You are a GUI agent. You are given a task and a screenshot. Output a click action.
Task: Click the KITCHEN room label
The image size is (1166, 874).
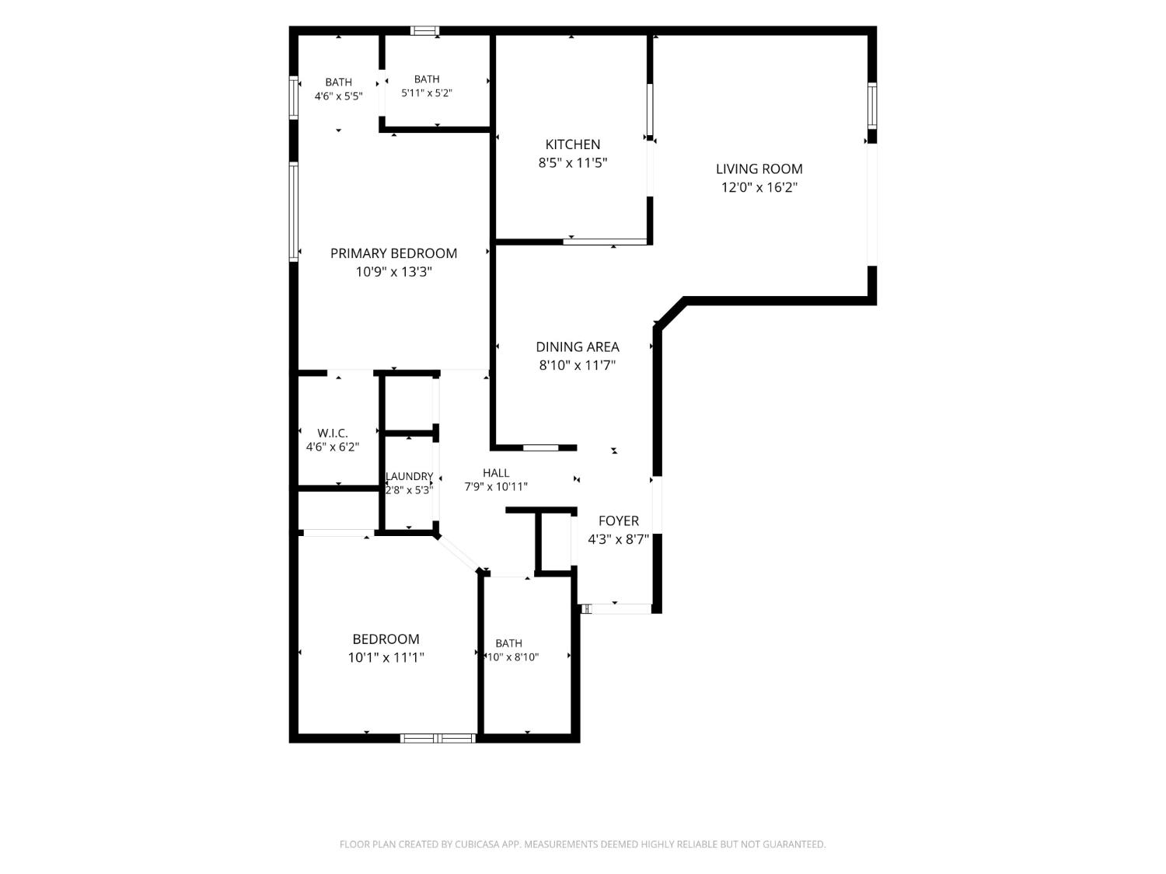pos(572,145)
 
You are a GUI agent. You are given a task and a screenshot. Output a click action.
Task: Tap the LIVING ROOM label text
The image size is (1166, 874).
pos(759,169)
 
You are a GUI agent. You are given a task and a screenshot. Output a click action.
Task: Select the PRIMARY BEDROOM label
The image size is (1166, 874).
pos(393,253)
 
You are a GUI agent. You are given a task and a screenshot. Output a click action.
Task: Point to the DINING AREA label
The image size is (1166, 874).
pos(577,346)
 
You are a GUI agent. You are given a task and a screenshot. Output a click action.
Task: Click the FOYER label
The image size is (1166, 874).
pos(618,521)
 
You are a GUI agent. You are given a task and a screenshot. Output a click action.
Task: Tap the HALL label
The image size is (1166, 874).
pos(496,472)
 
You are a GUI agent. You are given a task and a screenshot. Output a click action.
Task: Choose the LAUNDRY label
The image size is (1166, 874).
pos(409,476)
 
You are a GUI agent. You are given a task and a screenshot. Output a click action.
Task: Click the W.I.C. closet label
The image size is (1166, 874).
pos(333,433)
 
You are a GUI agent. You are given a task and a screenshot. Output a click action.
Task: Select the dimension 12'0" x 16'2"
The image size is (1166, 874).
pos(759,186)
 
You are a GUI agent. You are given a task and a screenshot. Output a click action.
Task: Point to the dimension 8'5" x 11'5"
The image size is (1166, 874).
pos(572,162)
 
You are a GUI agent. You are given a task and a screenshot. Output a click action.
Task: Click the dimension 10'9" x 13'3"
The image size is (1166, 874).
pos(393,272)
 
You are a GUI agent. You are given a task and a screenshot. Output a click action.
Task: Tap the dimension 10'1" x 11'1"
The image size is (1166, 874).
pos(386,657)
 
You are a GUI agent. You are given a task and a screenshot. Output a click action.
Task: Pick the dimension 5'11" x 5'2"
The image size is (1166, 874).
pos(426,93)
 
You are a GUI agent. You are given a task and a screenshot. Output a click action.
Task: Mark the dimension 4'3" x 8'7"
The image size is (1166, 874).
pos(618,539)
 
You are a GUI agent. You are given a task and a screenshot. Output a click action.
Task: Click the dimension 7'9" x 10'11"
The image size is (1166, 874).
pos(496,486)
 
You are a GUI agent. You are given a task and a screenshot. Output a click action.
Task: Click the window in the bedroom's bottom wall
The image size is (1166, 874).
pos(437,738)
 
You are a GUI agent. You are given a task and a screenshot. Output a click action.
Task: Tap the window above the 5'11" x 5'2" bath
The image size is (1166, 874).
pos(424,30)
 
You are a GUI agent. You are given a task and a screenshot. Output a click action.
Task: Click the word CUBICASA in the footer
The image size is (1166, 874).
pos(477,844)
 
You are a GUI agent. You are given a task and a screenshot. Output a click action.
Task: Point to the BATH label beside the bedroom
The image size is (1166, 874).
pos(508,643)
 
